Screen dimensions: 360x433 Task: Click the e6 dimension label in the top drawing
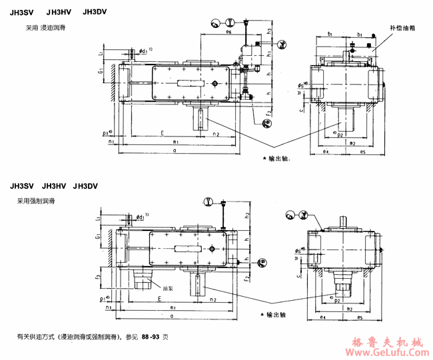click(228, 32)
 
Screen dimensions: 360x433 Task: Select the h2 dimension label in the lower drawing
click(247, 215)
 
